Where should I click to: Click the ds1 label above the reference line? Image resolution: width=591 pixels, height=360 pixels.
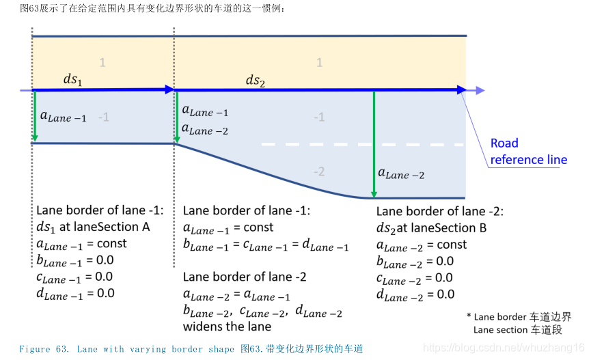(x=72, y=79)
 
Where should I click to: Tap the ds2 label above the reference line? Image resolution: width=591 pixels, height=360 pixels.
(x=255, y=81)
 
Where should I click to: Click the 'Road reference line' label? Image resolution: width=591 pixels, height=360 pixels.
(x=528, y=152)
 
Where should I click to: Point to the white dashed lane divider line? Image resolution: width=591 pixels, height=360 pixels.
(x=362, y=144)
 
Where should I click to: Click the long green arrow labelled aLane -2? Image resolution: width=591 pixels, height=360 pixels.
(x=374, y=143)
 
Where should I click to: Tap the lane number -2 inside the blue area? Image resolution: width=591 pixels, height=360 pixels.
(x=319, y=171)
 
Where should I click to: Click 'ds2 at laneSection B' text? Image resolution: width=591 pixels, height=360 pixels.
(x=431, y=227)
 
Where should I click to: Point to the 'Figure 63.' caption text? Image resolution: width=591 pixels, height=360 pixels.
(x=44, y=349)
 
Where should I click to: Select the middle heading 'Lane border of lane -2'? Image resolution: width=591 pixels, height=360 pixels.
(x=245, y=277)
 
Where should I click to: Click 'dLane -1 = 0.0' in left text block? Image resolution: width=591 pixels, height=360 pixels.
(x=75, y=293)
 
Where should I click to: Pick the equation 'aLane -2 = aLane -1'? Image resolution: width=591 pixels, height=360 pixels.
(x=237, y=294)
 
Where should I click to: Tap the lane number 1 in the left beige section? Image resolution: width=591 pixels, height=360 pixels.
(x=102, y=63)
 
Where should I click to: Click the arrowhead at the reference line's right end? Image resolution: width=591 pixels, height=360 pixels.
(x=463, y=89)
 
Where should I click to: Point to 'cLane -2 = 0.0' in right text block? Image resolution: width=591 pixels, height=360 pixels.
(x=415, y=278)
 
